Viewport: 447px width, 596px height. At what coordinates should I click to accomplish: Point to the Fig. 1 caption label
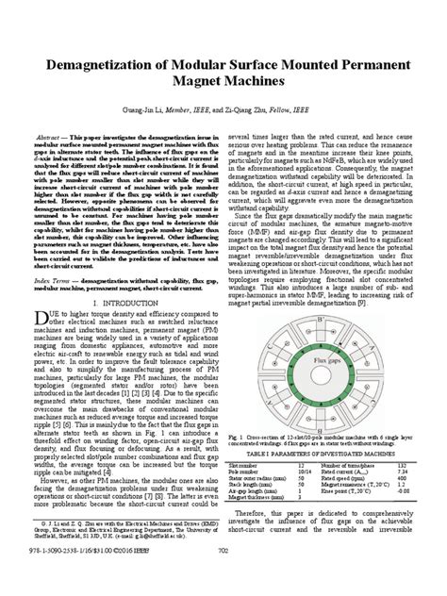pos(239,437)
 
